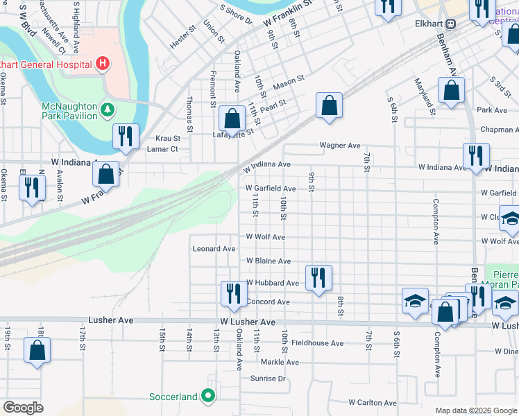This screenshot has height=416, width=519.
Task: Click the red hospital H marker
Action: (x=103, y=64)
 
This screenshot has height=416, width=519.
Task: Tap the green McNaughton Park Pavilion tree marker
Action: (x=108, y=109)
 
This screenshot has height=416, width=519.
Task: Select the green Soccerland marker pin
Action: (x=208, y=397)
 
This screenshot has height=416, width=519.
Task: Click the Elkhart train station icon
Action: (x=451, y=23)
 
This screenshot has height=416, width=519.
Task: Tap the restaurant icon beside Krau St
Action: (x=126, y=136)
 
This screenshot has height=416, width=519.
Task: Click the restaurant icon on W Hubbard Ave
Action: (x=318, y=277)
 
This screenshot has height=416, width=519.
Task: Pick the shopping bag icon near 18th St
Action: (x=37, y=350)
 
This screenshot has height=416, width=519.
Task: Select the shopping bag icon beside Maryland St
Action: (x=451, y=91)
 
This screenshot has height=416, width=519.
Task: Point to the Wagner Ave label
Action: (x=340, y=146)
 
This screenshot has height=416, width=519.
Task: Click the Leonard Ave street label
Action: (x=214, y=248)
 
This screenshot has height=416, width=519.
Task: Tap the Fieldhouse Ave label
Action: (x=317, y=343)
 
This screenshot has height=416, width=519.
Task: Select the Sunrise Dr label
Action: (x=268, y=379)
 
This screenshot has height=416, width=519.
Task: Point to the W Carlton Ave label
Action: (x=374, y=402)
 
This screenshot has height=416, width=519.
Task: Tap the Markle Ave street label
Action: (x=280, y=362)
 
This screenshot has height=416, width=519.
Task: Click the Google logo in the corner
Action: (x=23, y=408)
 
